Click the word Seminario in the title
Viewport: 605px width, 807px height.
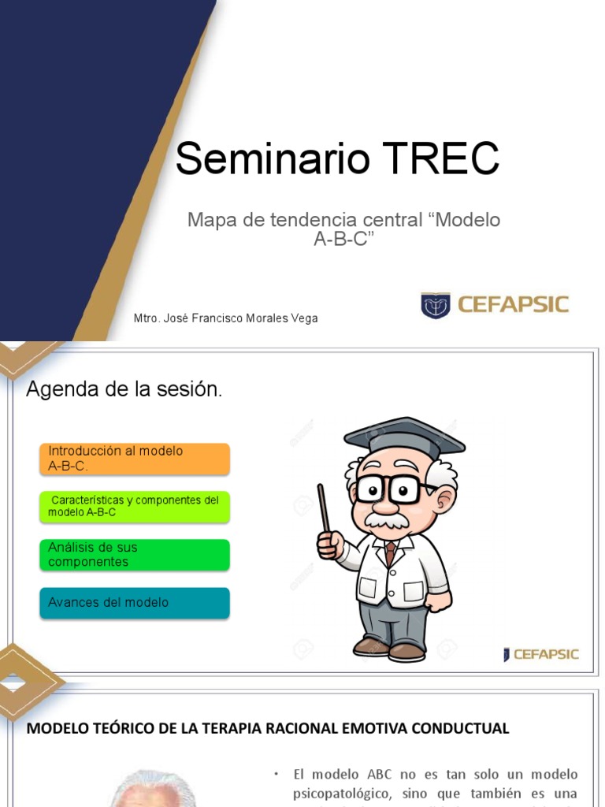click(x=273, y=160)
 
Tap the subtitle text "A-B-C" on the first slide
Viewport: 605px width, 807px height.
click(x=342, y=240)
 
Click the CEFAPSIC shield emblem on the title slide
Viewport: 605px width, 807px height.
click(x=435, y=305)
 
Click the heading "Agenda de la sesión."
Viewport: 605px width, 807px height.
click(x=124, y=389)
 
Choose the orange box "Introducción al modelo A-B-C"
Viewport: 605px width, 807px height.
click(x=135, y=459)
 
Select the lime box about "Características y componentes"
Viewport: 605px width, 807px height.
click(x=135, y=507)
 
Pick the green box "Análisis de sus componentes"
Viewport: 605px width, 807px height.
click(x=135, y=555)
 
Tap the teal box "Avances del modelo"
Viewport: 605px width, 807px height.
click(x=135, y=603)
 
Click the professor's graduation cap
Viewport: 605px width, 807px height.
click(x=403, y=437)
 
